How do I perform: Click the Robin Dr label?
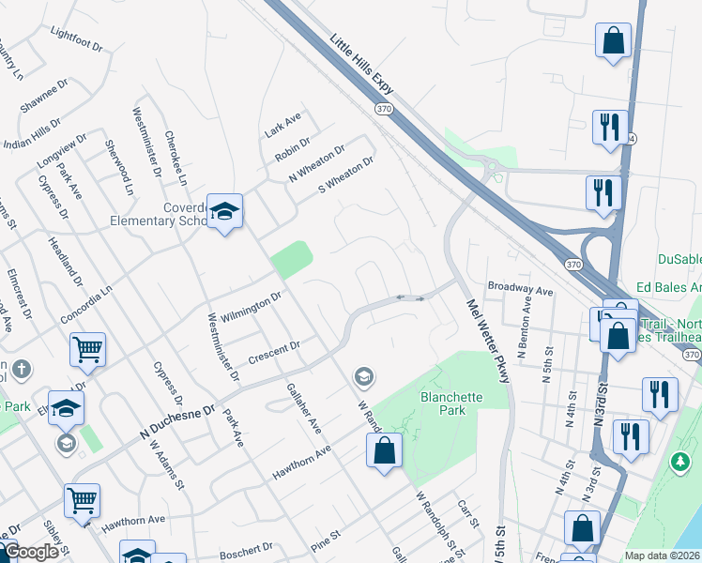(x=293, y=147)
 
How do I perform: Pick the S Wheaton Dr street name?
(x=346, y=174)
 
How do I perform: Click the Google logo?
(x=31, y=553)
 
